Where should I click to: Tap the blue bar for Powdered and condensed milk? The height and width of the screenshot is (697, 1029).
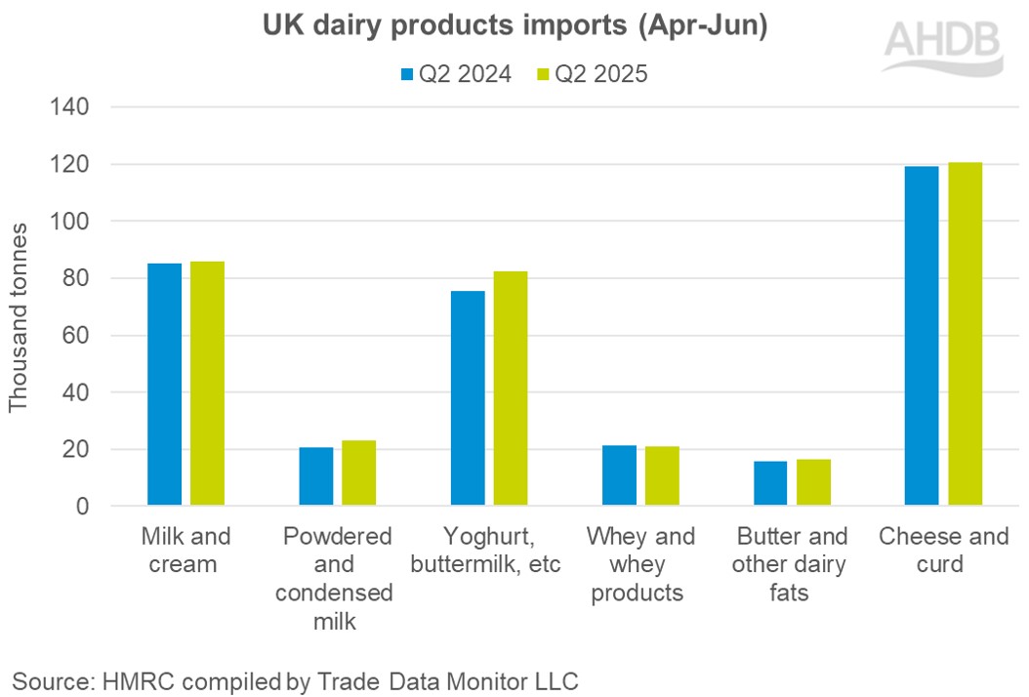pos(315,476)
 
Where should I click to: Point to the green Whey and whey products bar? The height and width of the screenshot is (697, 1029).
pos(662,476)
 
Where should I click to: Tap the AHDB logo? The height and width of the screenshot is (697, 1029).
pos(942,44)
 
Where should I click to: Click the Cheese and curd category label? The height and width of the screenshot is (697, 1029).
pos(943,551)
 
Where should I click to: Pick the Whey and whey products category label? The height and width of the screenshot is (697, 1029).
pos(640,564)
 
